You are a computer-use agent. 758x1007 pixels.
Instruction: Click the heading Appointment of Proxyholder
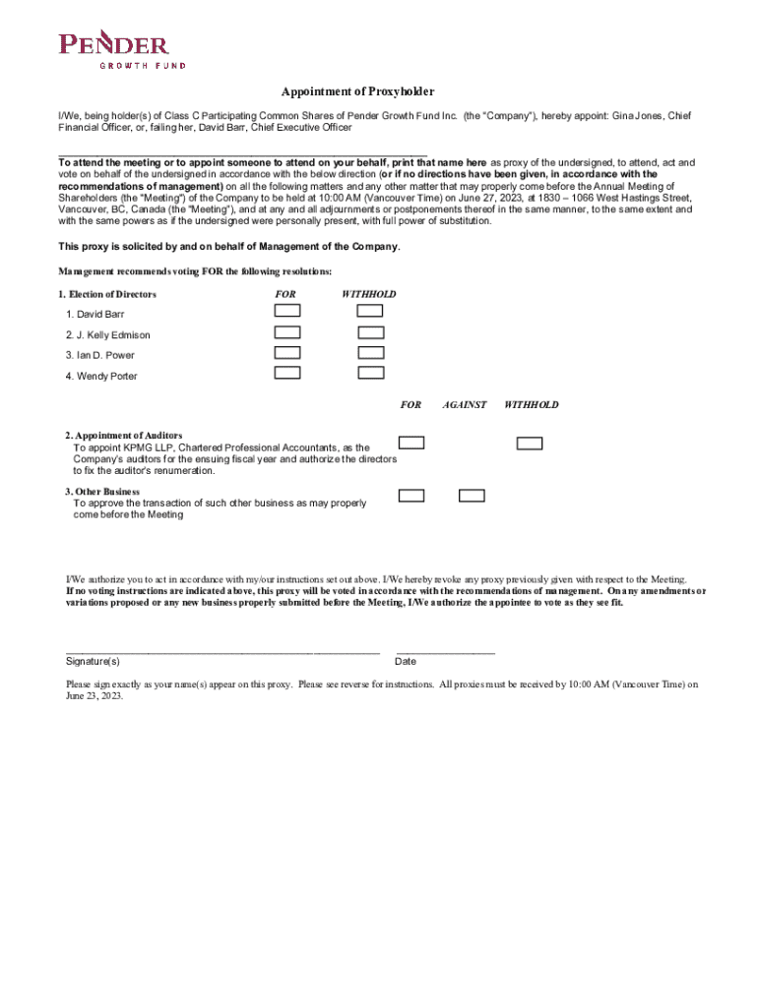(x=357, y=91)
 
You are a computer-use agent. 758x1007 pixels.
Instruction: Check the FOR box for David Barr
(x=287, y=310)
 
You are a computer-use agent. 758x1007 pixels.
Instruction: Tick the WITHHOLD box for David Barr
(x=370, y=310)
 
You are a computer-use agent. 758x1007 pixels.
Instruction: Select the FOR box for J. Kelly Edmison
(x=287, y=331)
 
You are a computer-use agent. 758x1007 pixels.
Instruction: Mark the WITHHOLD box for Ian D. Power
(x=370, y=352)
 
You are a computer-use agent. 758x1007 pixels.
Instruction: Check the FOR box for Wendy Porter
(x=287, y=373)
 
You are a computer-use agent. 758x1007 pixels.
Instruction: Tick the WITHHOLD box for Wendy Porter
(x=370, y=373)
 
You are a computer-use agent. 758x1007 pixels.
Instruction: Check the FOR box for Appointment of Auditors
(x=411, y=443)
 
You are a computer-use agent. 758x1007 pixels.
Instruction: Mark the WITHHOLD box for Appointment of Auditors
(x=530, y=443)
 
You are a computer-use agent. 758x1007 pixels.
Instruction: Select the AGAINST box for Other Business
(x=472, y=496)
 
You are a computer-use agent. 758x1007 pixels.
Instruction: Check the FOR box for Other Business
(x=411, y=496)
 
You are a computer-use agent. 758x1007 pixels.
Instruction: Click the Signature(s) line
(x=221, y=651)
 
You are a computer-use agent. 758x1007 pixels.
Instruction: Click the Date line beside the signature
(x=445, y=651)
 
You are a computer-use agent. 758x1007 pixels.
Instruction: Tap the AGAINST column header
(x=465, y=405)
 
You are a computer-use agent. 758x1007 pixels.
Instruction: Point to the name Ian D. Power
(x=100, y=355)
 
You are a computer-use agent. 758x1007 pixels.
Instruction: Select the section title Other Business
(x=102, y=491)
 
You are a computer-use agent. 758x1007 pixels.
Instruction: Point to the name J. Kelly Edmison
(x=108, y=335)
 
